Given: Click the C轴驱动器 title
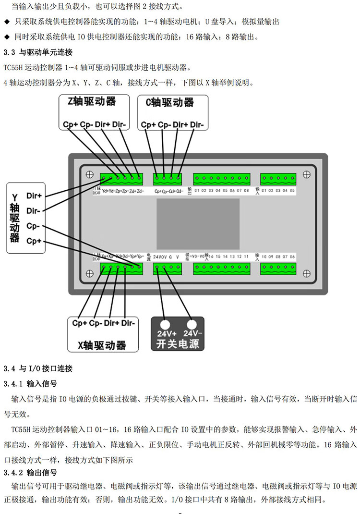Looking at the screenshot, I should (169, 102).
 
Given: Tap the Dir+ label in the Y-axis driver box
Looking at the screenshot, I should (34, 196).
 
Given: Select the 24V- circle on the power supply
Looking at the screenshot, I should (192, 324).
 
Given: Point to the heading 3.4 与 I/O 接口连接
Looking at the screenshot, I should (38, 369).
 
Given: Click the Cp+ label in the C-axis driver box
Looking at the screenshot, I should (148, 125).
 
